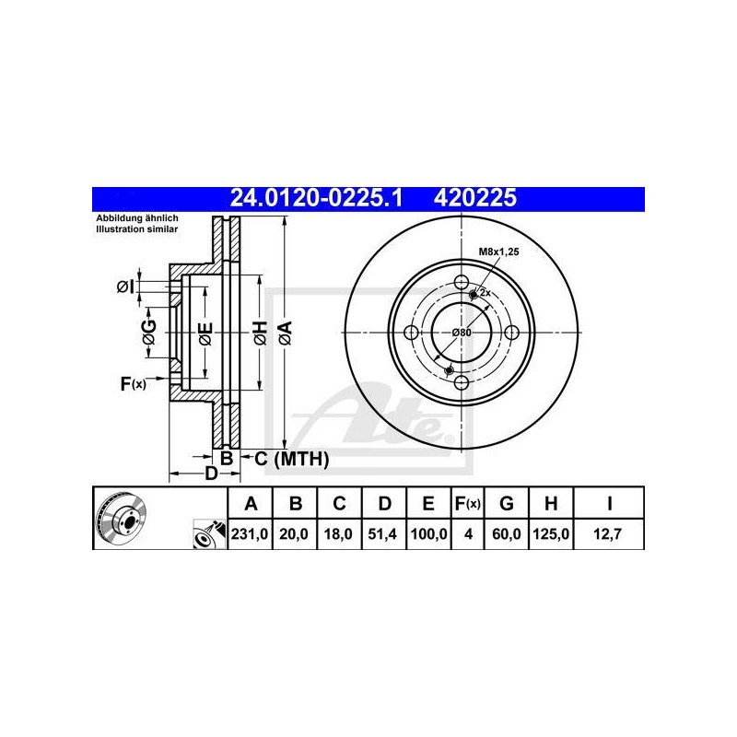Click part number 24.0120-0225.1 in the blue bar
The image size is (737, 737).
(x=316, y=198)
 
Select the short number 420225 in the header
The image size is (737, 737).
(x=474, y=198)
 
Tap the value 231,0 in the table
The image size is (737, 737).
(x=250, y=534)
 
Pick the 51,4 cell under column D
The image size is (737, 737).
(x=382, y=534)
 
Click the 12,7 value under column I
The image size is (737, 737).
(x=607, y=534)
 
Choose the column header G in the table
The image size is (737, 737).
(x=506, y=503)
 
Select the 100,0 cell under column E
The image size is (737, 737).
(x=428, y=534)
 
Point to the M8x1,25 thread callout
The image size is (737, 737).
(x=498, y=252)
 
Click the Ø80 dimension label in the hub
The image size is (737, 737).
(x=462, y=333)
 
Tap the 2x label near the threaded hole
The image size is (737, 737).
(x=485, y=293)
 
